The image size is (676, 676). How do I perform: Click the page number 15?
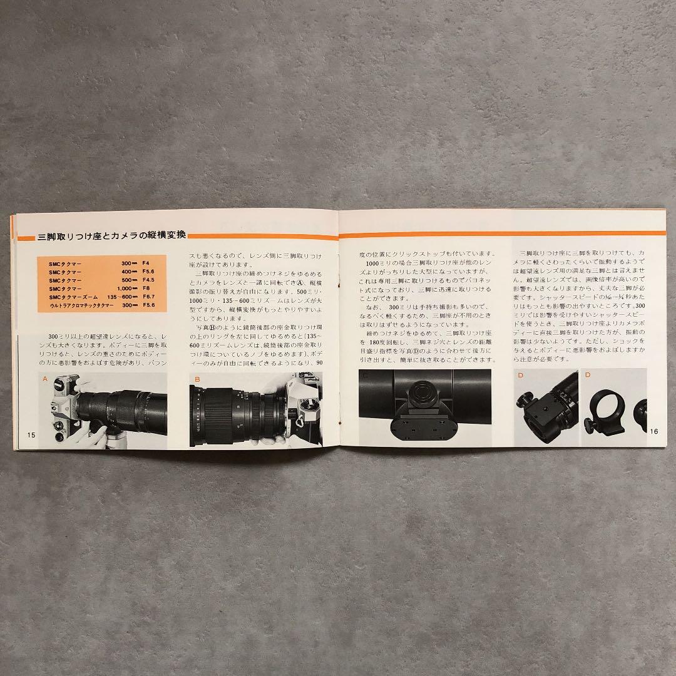(x=29, y=434)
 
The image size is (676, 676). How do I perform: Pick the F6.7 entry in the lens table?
(x=150, y=297)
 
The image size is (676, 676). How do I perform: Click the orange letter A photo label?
(x=44, y=379)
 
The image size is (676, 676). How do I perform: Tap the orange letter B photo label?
(x=197, y=379)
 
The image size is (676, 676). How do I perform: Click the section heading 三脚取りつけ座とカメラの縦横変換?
(x=103, y=236)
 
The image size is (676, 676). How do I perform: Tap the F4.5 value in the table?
(x=150, y=280)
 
